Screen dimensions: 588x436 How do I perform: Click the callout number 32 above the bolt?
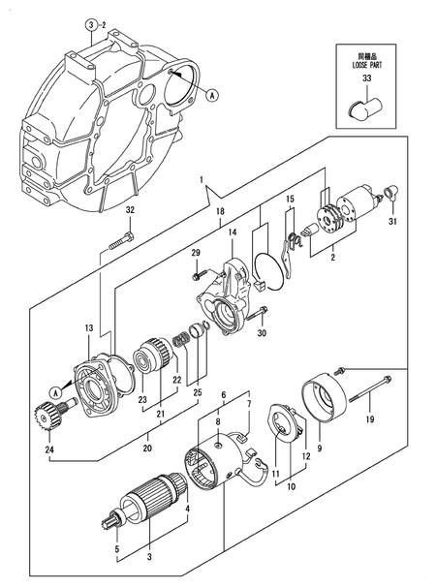coord(131,211)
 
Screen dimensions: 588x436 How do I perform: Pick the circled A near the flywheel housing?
coord(212,94)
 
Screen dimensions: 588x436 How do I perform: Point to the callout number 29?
coord(195,253)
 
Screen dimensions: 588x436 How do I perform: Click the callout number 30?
coord(262,336)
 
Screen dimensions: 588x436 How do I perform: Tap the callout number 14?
coord(233,232)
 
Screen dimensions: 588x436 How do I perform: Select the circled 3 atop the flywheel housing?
coord(89,23)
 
